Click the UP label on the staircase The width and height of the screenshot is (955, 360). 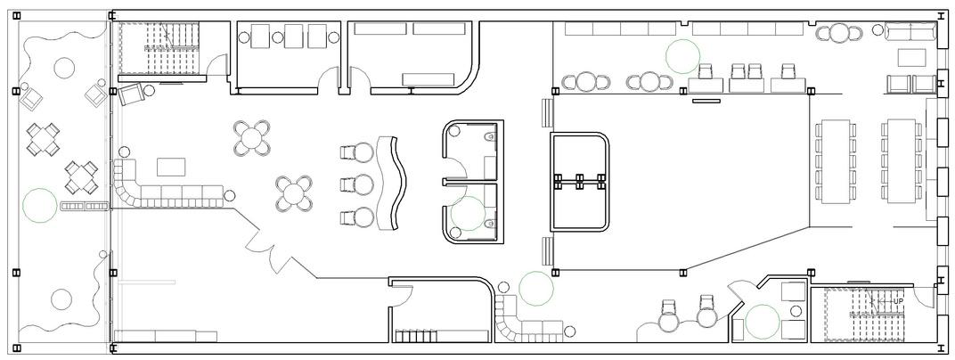coord(898,301)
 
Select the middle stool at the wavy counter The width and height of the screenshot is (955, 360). coord(357,184)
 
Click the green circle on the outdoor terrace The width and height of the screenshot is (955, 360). coord(40,205)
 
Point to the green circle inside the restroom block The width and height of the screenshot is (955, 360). coord(468,214)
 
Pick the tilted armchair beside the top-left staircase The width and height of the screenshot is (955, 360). coord(131,94)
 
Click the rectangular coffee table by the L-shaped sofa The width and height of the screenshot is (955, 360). coord(171,167)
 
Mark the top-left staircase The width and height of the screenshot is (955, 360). coord(159,48)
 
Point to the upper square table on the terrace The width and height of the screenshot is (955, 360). coord(43,139)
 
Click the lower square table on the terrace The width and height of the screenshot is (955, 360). coord(82,177)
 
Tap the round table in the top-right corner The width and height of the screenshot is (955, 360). coord(838,32)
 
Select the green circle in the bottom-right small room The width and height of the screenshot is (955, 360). coord(763,322)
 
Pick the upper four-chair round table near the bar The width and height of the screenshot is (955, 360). coord(251,137)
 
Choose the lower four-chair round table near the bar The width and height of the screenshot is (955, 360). coord(294,193)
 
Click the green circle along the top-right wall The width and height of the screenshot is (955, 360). coord(682,57)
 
